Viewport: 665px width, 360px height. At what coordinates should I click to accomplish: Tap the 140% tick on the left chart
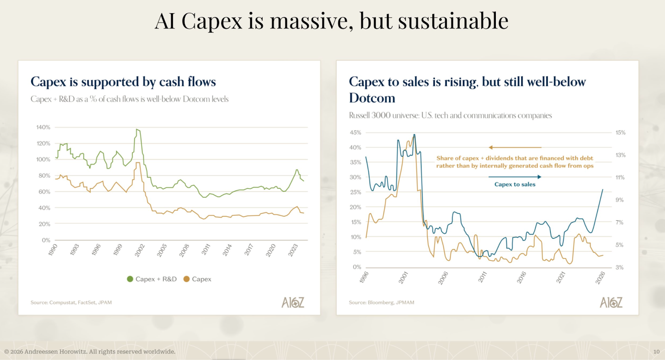43,127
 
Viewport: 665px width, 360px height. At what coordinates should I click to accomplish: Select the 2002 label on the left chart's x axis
140,250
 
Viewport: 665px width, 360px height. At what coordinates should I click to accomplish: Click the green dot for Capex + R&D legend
130,279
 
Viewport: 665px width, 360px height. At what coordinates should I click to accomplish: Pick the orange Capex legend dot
187,279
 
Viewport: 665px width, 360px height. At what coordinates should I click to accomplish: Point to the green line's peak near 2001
137,129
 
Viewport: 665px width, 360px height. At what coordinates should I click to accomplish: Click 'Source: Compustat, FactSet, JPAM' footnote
71,303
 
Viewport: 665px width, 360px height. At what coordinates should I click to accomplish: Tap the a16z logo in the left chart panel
293,302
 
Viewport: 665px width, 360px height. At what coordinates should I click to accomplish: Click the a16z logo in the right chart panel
611,302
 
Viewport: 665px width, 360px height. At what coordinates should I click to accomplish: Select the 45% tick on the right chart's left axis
355,133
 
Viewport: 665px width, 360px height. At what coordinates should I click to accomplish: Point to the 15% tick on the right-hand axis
620,133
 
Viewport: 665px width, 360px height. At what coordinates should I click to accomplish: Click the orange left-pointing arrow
491,147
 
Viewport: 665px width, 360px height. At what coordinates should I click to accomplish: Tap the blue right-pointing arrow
539,177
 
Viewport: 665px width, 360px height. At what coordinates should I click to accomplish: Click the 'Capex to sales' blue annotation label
515,185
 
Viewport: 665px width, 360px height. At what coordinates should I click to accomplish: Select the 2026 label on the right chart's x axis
600,277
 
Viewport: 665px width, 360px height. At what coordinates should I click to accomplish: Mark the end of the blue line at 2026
603,190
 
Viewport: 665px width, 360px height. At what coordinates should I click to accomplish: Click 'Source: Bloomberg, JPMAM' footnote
382,303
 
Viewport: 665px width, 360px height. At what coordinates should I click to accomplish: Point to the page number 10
656,352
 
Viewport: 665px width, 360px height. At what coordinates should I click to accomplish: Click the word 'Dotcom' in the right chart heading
372,98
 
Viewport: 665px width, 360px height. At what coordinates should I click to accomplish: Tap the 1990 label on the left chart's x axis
53,250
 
